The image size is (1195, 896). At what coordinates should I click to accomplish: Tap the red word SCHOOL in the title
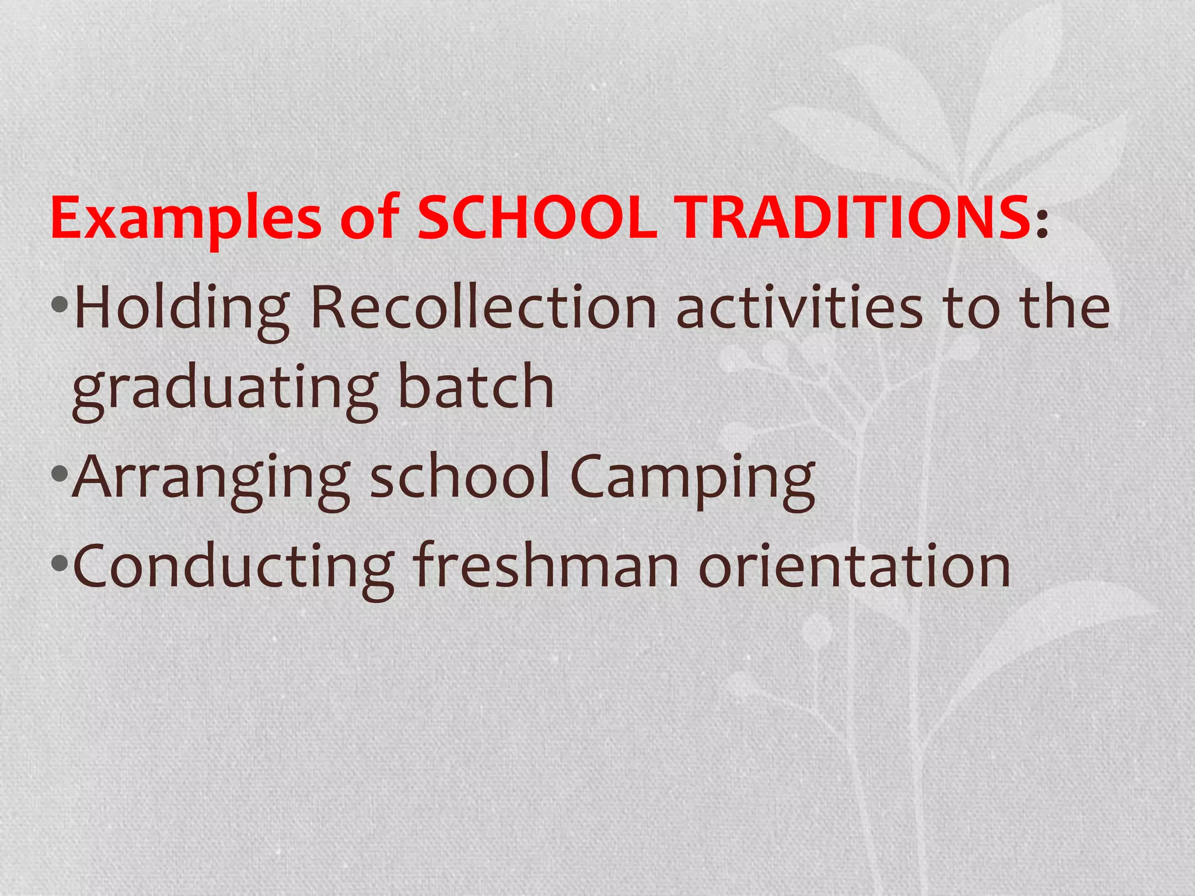[x=537, y=218]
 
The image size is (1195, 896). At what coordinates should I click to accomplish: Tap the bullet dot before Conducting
[x=60, y=563]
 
